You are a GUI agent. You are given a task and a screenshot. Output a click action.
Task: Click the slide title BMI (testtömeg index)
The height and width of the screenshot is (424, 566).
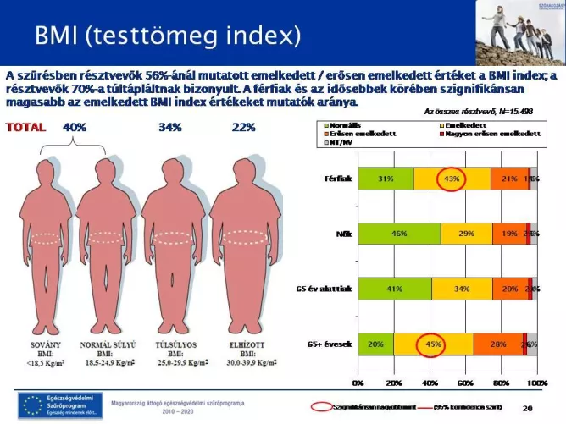168,36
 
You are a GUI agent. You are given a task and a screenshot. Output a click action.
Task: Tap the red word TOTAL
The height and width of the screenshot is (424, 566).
27,128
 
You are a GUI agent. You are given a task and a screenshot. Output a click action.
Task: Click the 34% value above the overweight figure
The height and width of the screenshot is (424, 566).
170,128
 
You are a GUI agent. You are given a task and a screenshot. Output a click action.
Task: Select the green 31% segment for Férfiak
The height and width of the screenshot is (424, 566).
386,179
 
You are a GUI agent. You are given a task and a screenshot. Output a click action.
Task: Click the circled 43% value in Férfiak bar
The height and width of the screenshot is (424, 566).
452,179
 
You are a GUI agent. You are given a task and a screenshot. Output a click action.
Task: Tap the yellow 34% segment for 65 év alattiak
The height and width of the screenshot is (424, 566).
461,288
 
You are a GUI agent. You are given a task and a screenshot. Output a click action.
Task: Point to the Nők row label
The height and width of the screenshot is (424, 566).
343,233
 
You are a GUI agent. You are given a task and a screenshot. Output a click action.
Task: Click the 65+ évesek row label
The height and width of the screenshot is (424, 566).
330,344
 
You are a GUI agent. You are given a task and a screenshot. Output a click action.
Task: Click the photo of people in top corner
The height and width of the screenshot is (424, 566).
519,33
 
